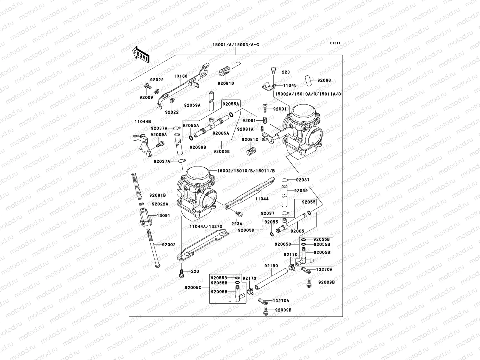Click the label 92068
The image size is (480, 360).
324,80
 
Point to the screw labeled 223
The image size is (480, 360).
273,70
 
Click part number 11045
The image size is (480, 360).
289,85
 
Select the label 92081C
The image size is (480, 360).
250,139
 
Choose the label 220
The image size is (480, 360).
195,272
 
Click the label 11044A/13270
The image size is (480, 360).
205,227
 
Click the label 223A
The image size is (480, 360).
237,224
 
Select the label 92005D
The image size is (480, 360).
246,230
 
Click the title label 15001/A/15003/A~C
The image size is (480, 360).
235,45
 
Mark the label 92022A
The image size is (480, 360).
160,204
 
